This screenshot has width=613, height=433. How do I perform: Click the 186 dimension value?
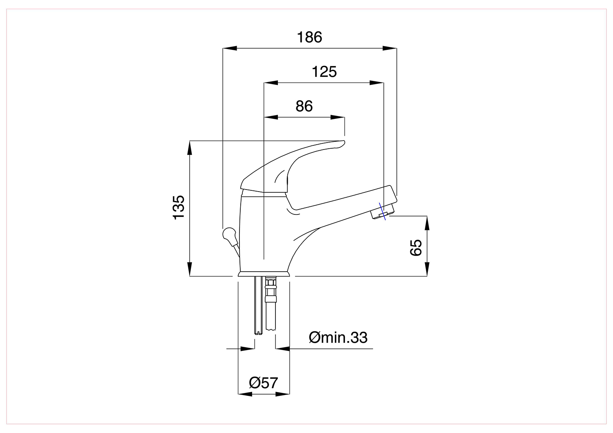tap(309, 37)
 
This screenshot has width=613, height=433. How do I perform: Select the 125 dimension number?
tap(324, 71)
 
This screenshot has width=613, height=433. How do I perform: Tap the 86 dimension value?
tap(304, 106)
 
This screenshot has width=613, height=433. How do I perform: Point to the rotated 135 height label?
tap(179, 207)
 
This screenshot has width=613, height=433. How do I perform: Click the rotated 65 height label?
tap(416, 248)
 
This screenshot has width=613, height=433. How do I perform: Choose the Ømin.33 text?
tap(338, 337)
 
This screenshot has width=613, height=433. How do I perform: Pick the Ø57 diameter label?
tap(263, 383)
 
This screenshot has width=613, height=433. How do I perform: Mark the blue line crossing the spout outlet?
tap(382, 212)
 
